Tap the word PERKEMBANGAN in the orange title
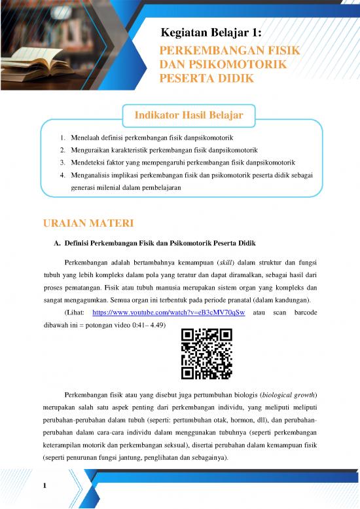(x=202, y=51)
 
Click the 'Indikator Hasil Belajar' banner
(x=189, y=116)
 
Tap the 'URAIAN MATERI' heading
(x=88, y=224)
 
